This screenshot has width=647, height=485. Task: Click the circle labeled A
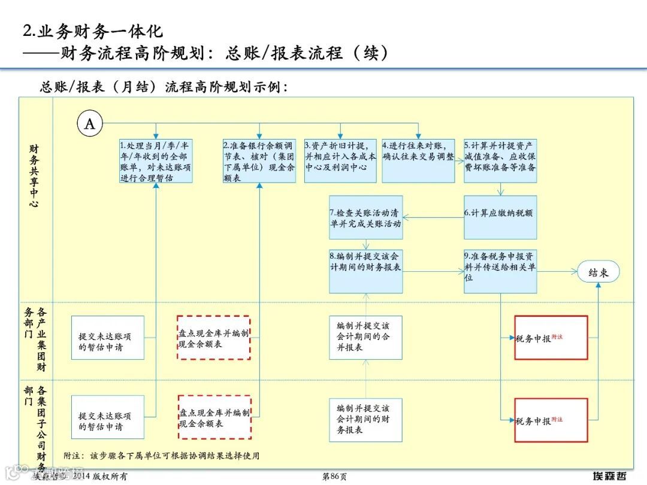click(90, 124)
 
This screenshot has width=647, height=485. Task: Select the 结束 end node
click(598, 272)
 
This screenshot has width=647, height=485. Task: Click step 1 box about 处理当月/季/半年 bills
click(156, 161)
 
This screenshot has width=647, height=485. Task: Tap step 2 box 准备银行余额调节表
click(259, 161)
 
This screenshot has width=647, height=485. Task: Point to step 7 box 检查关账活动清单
click(365, 217)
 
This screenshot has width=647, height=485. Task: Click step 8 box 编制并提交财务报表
click(365, 271)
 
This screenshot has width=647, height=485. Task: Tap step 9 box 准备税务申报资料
click(500, 271)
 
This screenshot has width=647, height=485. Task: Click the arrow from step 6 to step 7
click(433, 217)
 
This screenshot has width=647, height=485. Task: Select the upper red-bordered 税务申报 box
click(551, 338)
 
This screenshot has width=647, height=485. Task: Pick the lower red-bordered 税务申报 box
click(551, 420)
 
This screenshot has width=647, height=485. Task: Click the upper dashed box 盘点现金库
click(214, 338)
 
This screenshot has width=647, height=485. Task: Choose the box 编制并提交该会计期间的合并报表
click(365, 337)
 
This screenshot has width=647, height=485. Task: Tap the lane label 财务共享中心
click(34, 175)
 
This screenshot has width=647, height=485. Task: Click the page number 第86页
click(334, 477)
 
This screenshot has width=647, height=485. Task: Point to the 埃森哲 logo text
click(609, 476)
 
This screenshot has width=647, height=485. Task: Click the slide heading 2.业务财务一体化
click(93, 31)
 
